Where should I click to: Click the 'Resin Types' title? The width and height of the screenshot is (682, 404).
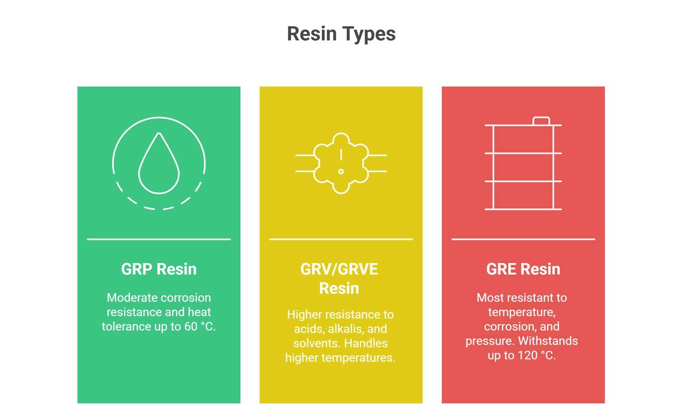point(341,34)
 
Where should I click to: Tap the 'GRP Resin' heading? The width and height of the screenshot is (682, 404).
point(159,269)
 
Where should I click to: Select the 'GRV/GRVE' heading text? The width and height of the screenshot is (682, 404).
point(339,269)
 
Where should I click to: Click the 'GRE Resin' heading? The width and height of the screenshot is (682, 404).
point(523,269)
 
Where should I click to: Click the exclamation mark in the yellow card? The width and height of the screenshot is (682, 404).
point(341,162)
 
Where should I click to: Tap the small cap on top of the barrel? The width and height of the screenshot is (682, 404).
point(542,121)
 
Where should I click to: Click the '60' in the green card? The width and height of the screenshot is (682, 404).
point(191,327)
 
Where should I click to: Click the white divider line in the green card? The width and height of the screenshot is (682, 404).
point(159,239)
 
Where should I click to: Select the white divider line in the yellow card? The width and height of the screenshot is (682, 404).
point(341,239)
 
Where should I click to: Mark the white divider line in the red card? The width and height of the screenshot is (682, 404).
point(523,239)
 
